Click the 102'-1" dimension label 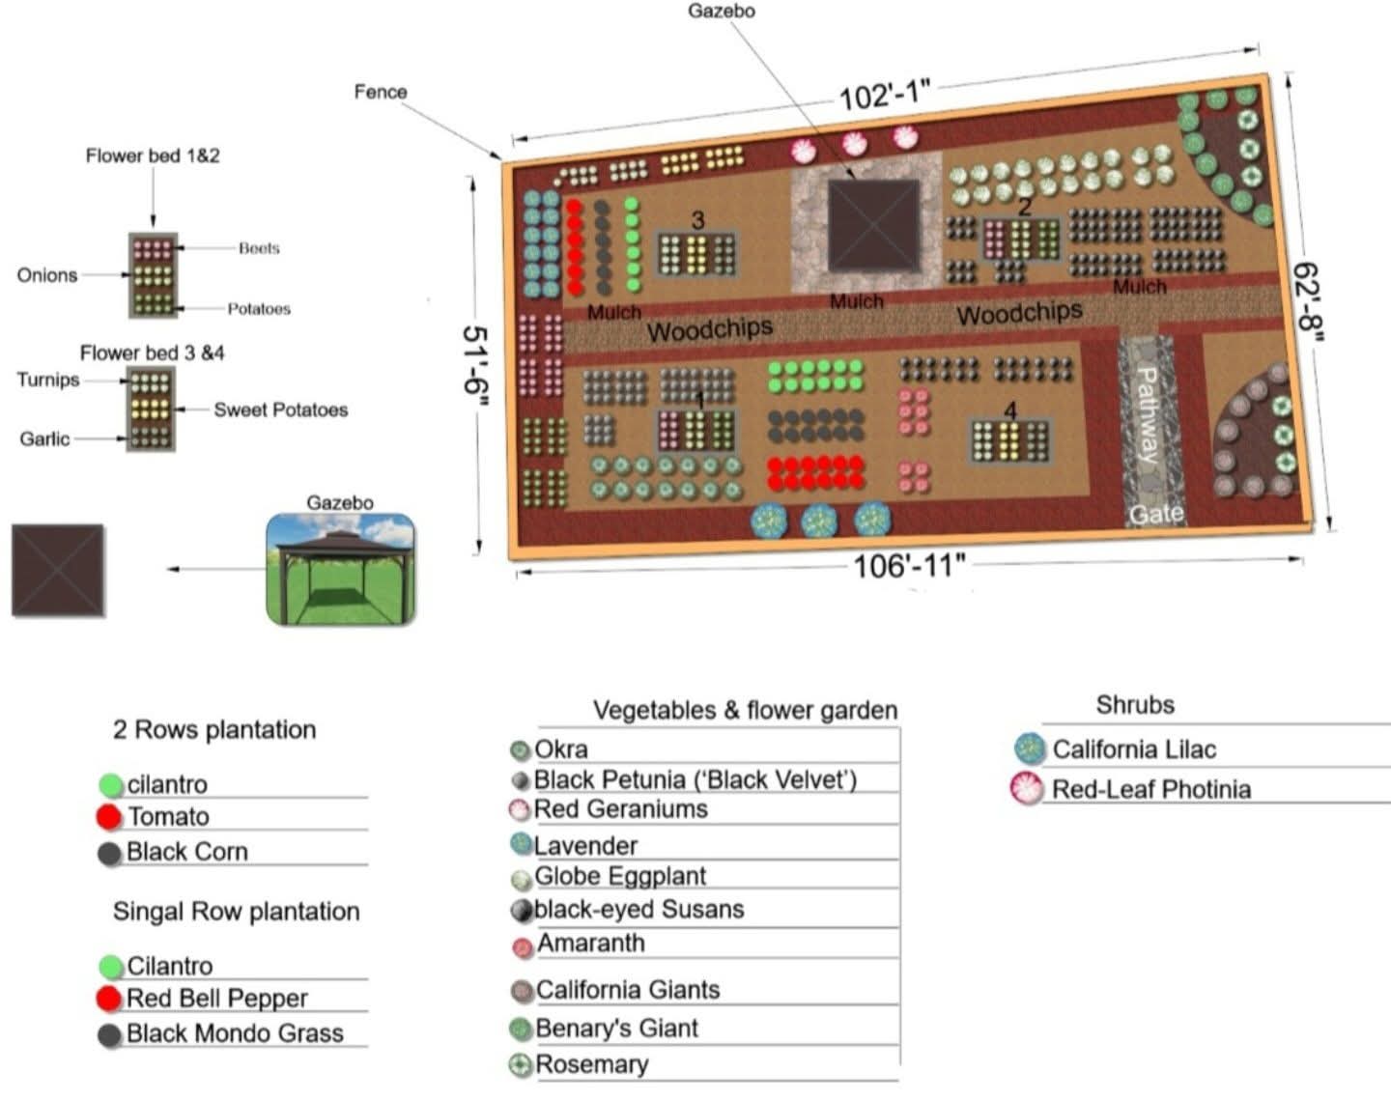point(884,96)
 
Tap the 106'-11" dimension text point(909,566)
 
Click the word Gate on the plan point(1156,514)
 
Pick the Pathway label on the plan point(1148,414)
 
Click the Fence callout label point(381,92)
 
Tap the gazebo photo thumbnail point(341,569)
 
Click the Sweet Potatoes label point(280,409)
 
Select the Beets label point(259,248)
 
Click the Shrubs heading point(1135,705)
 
